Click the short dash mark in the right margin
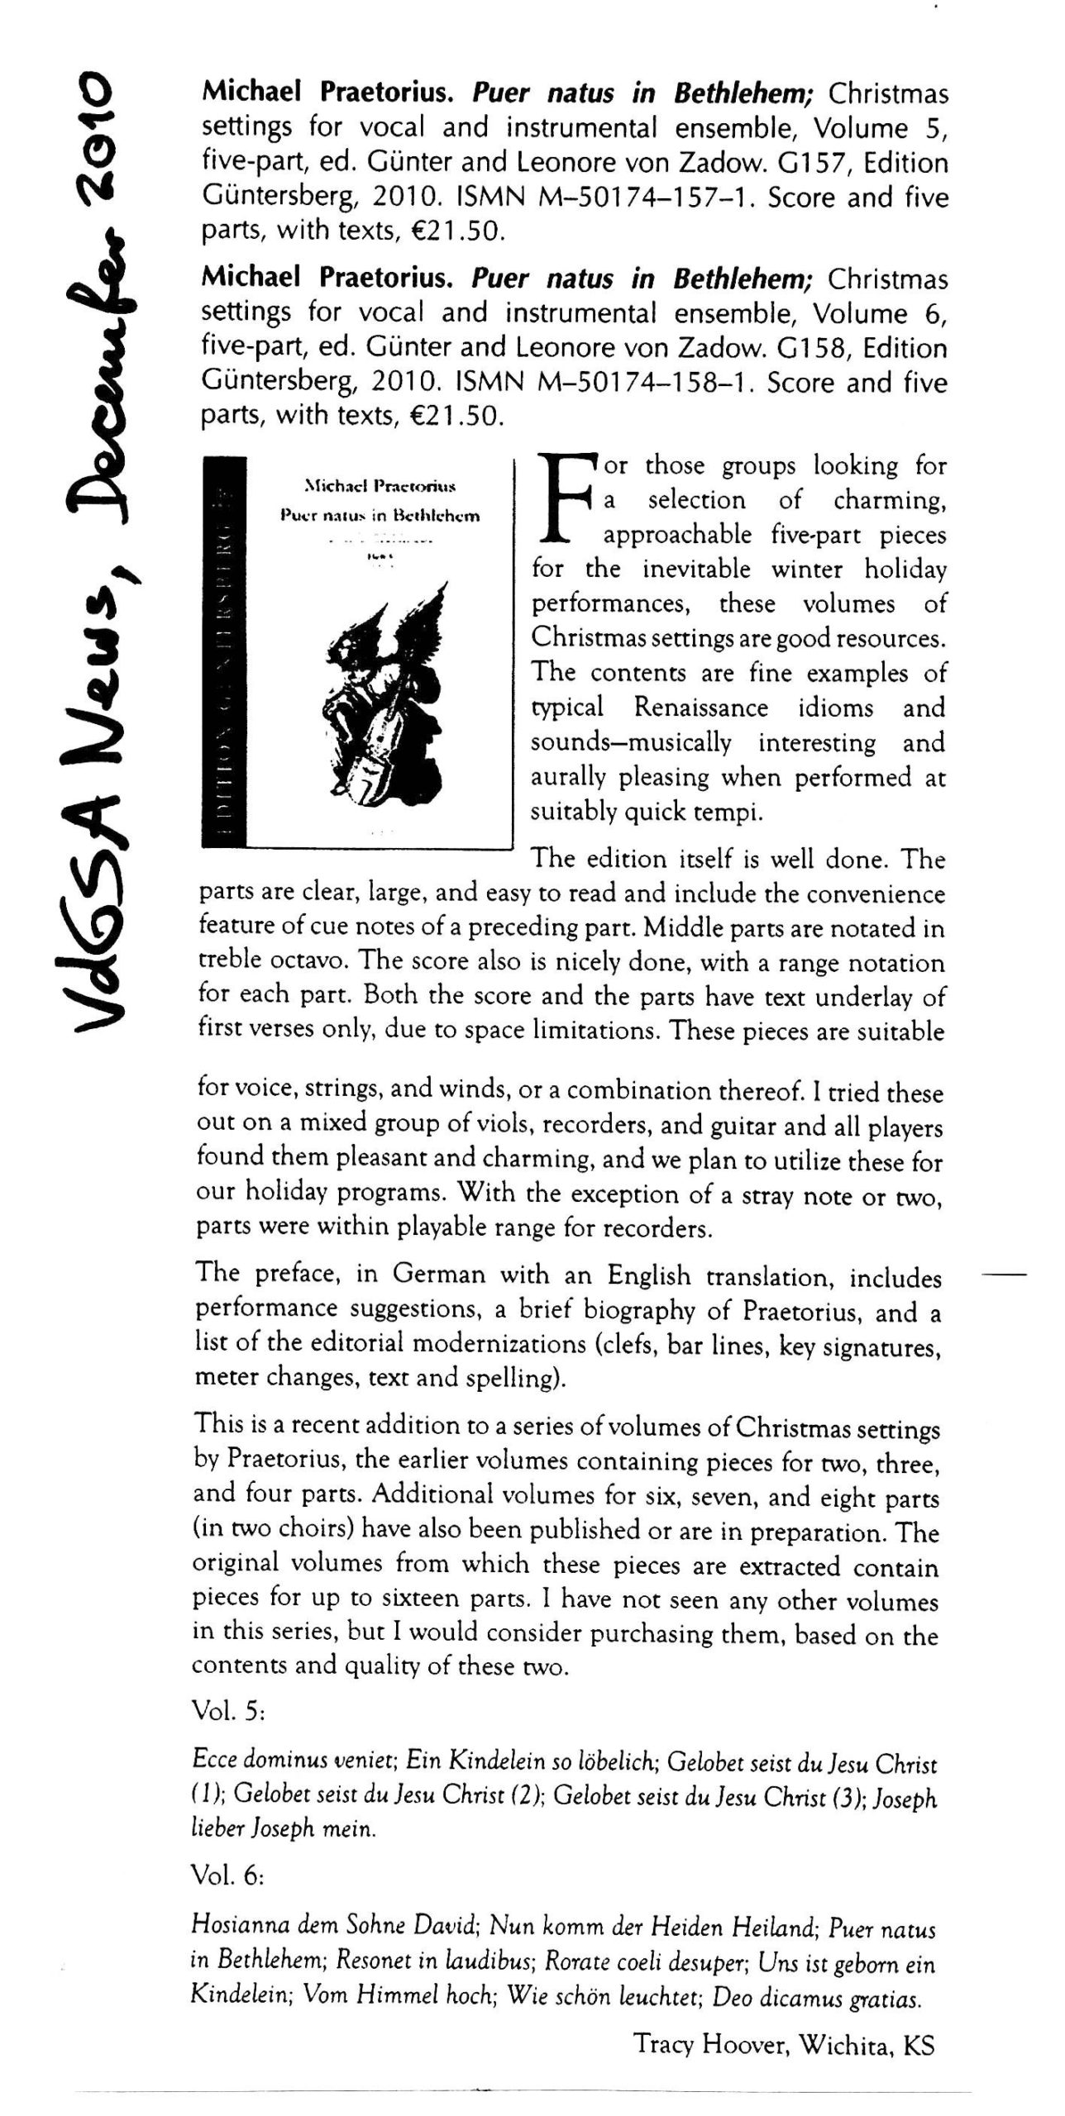(1003, 1275)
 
